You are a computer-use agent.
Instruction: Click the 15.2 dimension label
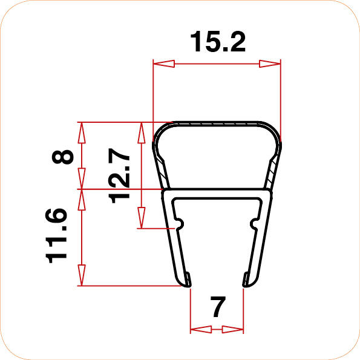[217, 42]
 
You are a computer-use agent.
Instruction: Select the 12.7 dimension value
[121, 177]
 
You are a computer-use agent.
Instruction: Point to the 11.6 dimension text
[57, 235]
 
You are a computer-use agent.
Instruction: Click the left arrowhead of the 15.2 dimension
[163, 63]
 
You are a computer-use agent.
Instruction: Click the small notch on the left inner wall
[179, 224]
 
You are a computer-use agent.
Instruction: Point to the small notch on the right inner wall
[253, 224]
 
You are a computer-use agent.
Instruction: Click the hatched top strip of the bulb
[217, 123]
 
